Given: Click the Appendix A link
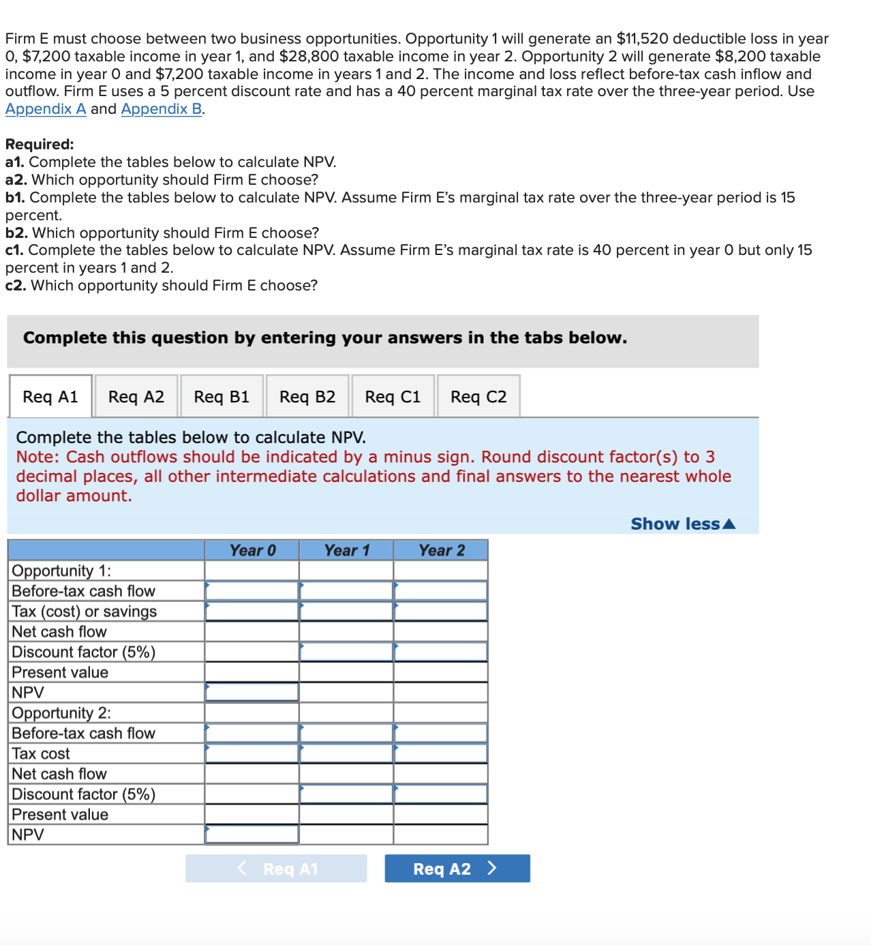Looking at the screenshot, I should point(46,109).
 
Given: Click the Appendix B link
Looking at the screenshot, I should point(162,109).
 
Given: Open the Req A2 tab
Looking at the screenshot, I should point(136,397).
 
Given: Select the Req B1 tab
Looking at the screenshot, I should point(221,397).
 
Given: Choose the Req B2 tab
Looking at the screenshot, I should point(307,397).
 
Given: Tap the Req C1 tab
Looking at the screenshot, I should point(393,397).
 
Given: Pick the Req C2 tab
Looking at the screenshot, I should point(478,397).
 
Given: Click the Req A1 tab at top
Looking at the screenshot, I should point(50,397).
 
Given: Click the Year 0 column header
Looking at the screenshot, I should point(252,551).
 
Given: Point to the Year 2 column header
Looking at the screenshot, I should point(441,551).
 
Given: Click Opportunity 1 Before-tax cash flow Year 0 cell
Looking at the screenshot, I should point(252,591).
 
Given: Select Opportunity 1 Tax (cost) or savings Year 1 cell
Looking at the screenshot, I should point(346,612).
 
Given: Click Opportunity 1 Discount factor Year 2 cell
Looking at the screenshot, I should point(441,652).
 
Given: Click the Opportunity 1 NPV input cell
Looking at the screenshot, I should point(252,693).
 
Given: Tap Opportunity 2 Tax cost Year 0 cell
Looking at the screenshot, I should point(252,754).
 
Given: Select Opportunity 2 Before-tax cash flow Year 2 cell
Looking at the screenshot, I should point(441,734).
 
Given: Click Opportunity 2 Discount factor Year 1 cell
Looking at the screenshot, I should point(346,794).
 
